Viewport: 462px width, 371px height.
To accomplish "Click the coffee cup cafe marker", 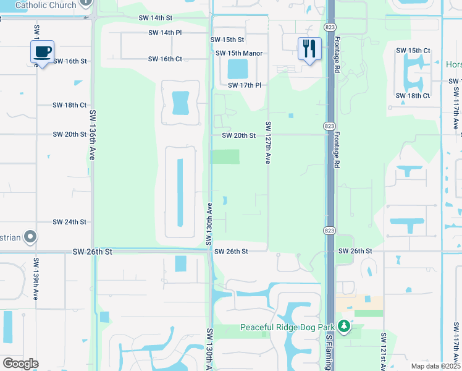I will (x=42, y=52).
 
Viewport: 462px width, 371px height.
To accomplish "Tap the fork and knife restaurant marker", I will (x=309, y=48).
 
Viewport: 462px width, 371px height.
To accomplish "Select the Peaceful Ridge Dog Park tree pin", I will (x=344, y=326).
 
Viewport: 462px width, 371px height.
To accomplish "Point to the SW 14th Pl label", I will (x=166, y=32).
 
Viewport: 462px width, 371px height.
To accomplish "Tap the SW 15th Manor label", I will (x=239, y=53).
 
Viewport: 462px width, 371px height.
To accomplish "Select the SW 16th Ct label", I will (x=165, y=59).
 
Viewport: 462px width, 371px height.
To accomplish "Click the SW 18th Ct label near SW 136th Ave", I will (x=69, y=105).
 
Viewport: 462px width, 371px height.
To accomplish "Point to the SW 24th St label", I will (x=69, y=221).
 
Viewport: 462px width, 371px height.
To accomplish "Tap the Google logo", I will (x=20, y=363).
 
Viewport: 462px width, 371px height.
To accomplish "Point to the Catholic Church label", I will (x=45, y=5).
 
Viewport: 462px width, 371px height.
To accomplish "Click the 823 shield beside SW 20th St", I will (x=329, y=126).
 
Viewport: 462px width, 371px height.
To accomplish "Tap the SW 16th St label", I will (x=70, y=61).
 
